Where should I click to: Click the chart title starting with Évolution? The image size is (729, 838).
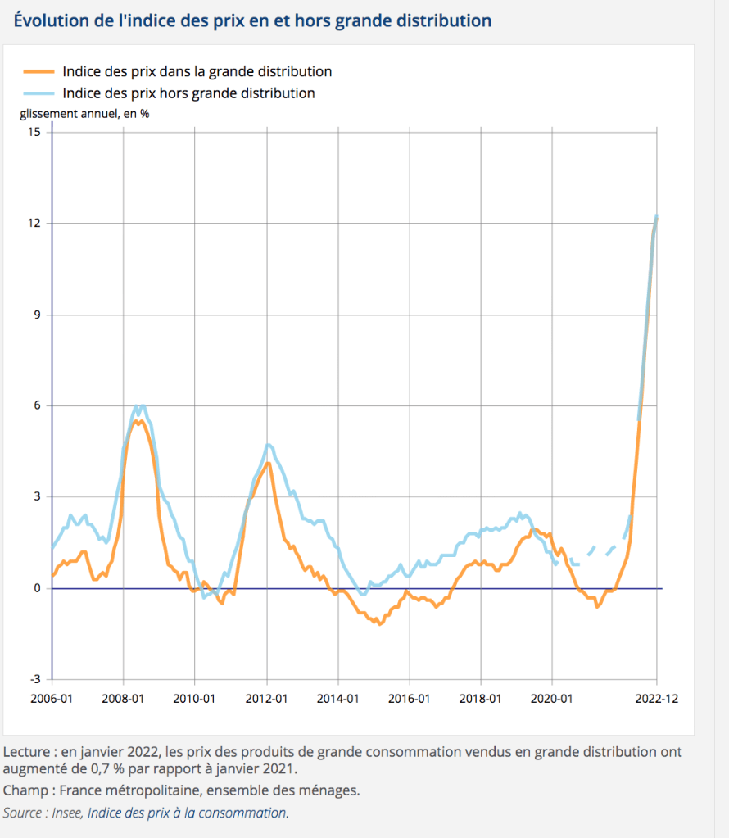pyautogui.click(x=252, y=20)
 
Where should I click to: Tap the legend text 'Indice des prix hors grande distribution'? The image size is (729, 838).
pyautogui.click(x=188, y=93)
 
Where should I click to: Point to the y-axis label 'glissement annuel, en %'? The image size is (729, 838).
pyautogui.click(x=84, y=114)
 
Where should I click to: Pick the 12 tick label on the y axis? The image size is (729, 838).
pyautogui.click(x=34, y=223)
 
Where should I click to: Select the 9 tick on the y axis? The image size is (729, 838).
pyautogui.click(x=36, y=315)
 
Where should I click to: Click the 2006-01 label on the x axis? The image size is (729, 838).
pyautogui.click(x=52, y=699)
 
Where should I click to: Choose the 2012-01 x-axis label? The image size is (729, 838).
pyautogui.click(x=267, y=699)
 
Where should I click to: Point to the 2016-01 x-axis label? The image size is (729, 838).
pyautogui.click(x=410, y=699)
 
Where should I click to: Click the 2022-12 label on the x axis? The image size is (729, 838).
pyautogui.click(x=656, y=699)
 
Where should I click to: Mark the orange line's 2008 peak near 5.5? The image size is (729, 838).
pyautogui.click(x=138, y=421)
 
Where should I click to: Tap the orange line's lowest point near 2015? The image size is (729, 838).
pyautogui.click(x=379, y=624)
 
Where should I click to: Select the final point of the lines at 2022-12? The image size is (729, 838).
pyautogui.click(x=656, y=216)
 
